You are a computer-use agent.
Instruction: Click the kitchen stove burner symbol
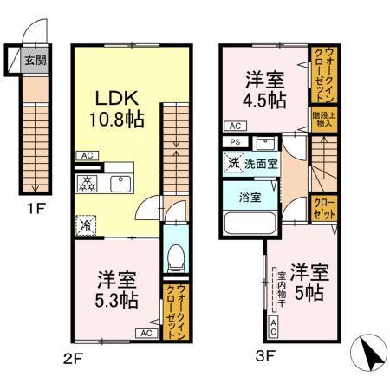pyautogui.click(x=87, y=183)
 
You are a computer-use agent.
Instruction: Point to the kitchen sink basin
pyautogui.click(x=120, y=183)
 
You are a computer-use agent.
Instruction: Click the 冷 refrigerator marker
pyautogui.click(x=86, y=224)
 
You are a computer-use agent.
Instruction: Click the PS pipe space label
pyautogui.click(x=234, y=143)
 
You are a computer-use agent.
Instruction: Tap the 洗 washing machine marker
pyautogui.click(x=234, y=162)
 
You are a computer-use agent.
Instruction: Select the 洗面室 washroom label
pyautogui.click(x=260, y=162)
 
